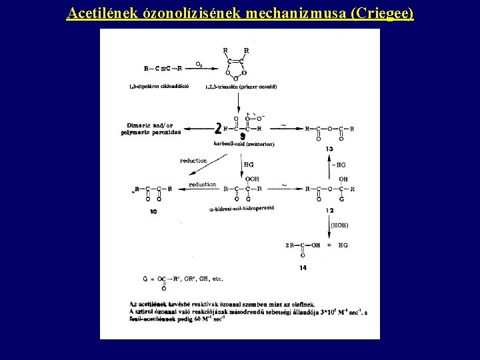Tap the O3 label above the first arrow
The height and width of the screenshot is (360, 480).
point(199,64)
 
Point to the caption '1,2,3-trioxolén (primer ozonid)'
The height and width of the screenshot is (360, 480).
point(241,87)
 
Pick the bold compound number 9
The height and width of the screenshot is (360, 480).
point(242,136)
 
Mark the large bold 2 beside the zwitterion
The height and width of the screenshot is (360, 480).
point(218,127)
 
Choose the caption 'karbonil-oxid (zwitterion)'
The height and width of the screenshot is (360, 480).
point(244,144)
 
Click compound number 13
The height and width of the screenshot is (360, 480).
point(329,149)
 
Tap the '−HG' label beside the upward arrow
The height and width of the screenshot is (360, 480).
point(339,165)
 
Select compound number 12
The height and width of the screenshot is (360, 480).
point(329,211)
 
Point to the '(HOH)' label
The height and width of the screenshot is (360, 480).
point(339,225)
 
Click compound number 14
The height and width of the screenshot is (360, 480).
point(303,267)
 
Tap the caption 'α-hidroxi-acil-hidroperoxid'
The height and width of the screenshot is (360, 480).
point(241,208)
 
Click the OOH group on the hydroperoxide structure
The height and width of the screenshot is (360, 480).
point(252,179)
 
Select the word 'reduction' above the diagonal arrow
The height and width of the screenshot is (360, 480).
point(193,161)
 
